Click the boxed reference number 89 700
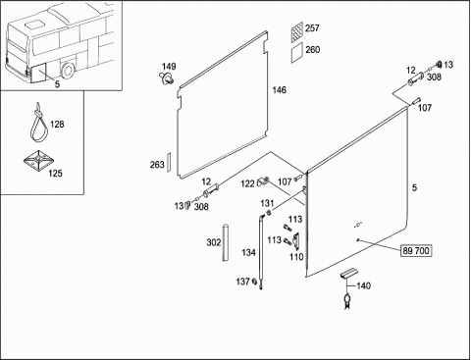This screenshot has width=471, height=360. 416,251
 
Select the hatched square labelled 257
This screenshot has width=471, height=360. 297,31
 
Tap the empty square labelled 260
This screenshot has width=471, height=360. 297,52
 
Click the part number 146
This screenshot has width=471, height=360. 280,90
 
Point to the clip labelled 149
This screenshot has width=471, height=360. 167,78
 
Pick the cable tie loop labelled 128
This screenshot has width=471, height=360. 39,124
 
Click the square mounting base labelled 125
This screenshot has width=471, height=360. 38,160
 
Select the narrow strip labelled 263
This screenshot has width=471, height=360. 169,162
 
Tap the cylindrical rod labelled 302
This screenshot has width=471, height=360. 225,242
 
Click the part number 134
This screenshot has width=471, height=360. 248,252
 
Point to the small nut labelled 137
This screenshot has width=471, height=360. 254,282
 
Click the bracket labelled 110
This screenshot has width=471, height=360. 296,241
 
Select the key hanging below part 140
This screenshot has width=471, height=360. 346,301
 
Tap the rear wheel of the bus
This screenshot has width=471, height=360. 68,71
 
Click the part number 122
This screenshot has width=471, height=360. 247,183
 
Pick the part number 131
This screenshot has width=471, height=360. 267,203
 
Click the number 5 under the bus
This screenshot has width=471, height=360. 57,84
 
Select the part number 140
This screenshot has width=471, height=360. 363,285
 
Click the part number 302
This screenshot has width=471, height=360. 214,242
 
